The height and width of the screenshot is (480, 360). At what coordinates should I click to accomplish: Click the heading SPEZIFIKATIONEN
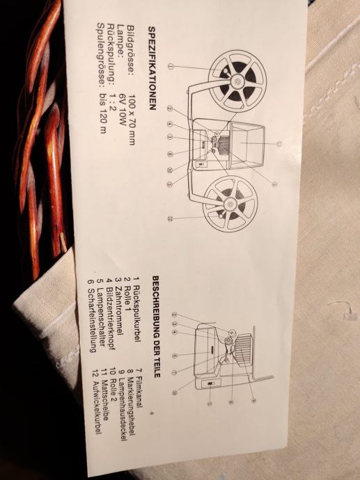[x=152, y=68]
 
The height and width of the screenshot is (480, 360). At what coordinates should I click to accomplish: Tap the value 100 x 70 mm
[x=132, y=119]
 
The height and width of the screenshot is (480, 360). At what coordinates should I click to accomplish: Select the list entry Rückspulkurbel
[x=136, y=313]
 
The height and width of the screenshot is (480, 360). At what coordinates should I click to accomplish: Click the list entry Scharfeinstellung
[x=92, y=321]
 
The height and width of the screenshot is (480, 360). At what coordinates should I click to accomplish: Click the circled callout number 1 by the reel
[x=171, y=66]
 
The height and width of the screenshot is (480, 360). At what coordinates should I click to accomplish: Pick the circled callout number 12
[x=171, y=218]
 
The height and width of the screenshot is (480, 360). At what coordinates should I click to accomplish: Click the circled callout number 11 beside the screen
[x=279, y=144]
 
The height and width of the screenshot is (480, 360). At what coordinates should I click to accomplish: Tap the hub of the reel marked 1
[x=237, y=81]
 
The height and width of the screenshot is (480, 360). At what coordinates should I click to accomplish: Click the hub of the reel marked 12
[x=230, y=203]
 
